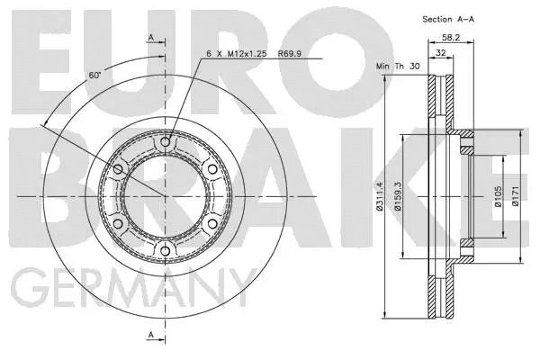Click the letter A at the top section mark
pyautogui.click(x=150, y=36)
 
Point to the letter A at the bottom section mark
pyautogui.click(x=150, y=335)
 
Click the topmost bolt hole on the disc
pyautogui.click(x=166, y=141)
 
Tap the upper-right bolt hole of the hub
pyautogui.click(x=212, y=168)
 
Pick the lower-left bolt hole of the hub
pyautogui.click(x=120, y=223)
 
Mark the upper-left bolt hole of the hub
pyautogui.click(x=120, y=168)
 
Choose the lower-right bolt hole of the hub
pyautogui.click(x=212, y=223)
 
